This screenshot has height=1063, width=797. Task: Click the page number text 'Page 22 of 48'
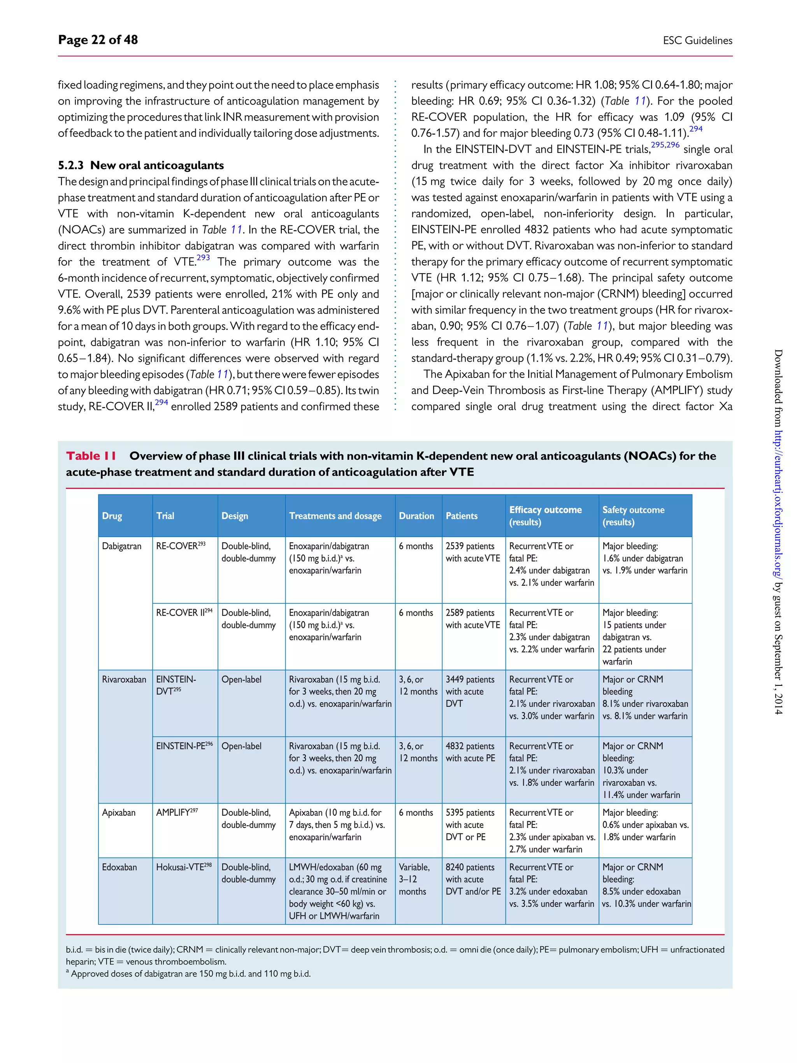(x=98, y=40)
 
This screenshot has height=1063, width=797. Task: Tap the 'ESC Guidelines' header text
(x=697, y=41)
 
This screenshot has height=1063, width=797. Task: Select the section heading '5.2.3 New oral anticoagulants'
(x=141, y=165)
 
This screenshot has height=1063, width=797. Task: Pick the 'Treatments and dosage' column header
(x=335, y=516)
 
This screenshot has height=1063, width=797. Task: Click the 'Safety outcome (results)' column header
(x=633, y=516)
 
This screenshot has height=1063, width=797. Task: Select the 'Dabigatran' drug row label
(x=121, y=546)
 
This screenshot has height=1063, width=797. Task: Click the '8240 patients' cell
(x=469, y=867)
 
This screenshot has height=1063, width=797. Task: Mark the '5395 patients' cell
(x=469, y=812)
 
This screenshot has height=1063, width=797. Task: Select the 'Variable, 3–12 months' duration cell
(x=414, y=879)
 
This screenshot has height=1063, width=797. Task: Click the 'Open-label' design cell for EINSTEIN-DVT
(x=241, y=679)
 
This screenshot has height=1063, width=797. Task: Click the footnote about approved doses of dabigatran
(x=190, y=973)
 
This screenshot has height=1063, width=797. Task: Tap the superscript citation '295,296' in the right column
(x=665, y=145)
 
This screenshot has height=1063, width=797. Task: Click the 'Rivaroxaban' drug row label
(x=124, y=679)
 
